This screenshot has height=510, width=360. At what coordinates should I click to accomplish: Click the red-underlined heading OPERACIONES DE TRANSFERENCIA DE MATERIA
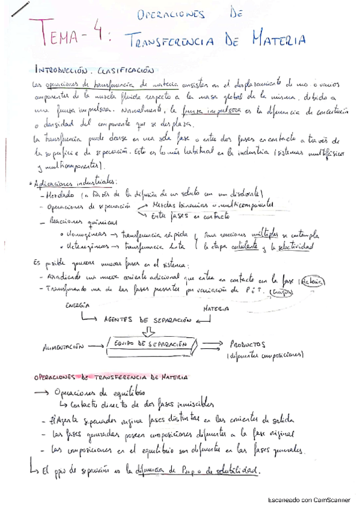tap(103, 378)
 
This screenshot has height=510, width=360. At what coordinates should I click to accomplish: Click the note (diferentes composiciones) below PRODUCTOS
tap(265, 355)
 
